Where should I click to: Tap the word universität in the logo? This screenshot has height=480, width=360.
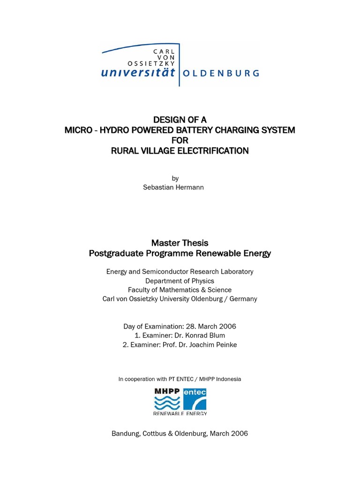pos(138,72)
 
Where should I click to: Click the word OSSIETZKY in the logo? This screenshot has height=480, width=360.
pos(151,63)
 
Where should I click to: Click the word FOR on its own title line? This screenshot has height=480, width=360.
pos(180,140)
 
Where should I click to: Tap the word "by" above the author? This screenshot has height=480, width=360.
pos(175,178)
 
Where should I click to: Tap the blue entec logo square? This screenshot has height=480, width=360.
pos(195,399)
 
